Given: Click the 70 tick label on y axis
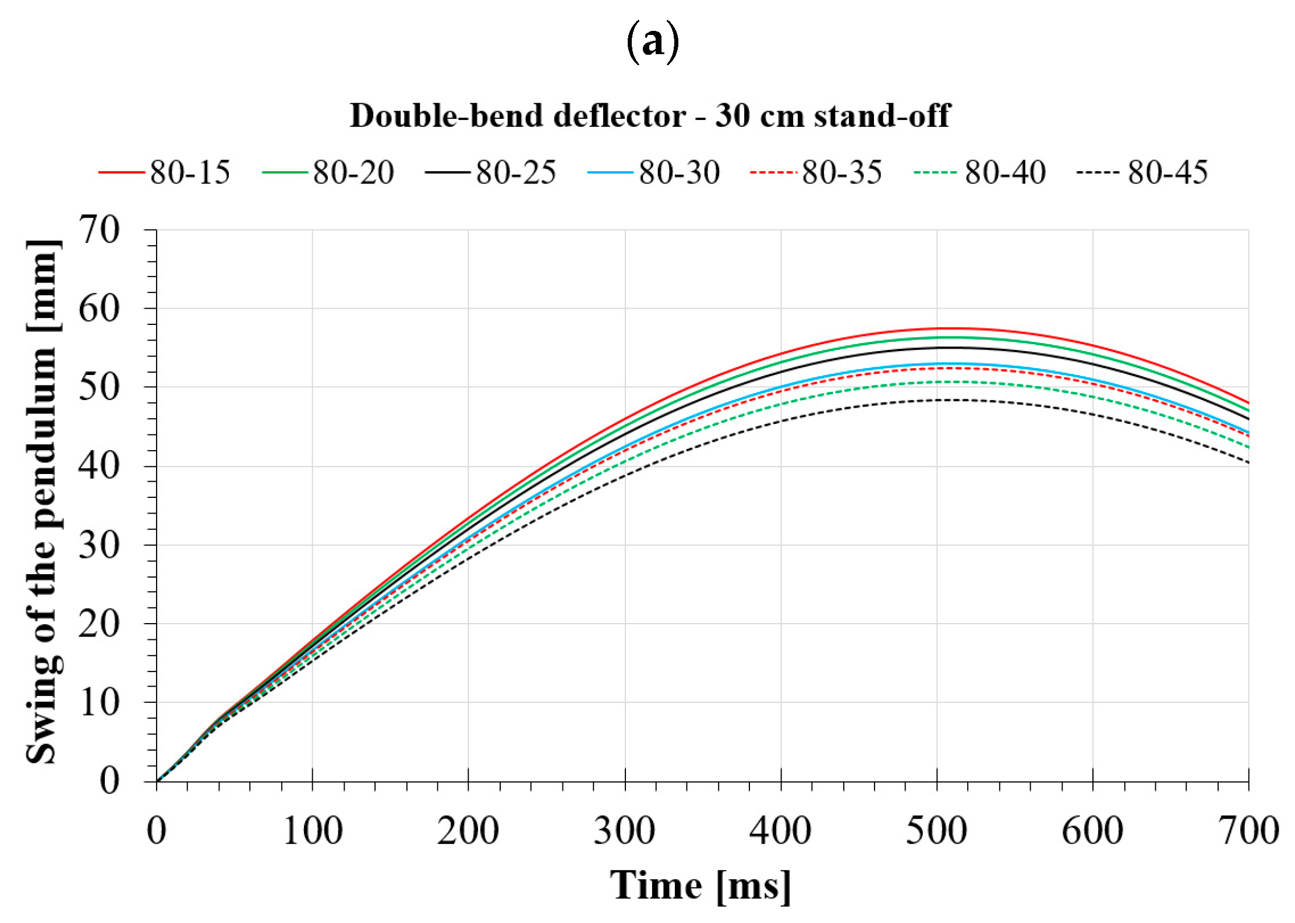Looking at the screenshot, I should tap(100, 229).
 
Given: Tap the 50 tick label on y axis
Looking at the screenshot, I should tap(100, 387).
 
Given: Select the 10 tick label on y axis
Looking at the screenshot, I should tap(100, 702).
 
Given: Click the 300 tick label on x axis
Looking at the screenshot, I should tap(624, 831).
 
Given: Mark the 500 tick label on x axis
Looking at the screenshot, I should tap(936, 831).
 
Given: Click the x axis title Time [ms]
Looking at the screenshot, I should tap(700, 886).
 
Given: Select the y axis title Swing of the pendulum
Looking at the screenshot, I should tap(44, 501).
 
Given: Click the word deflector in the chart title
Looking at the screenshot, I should tap(620, 115).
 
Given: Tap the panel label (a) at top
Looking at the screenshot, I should tap(652, 42).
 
